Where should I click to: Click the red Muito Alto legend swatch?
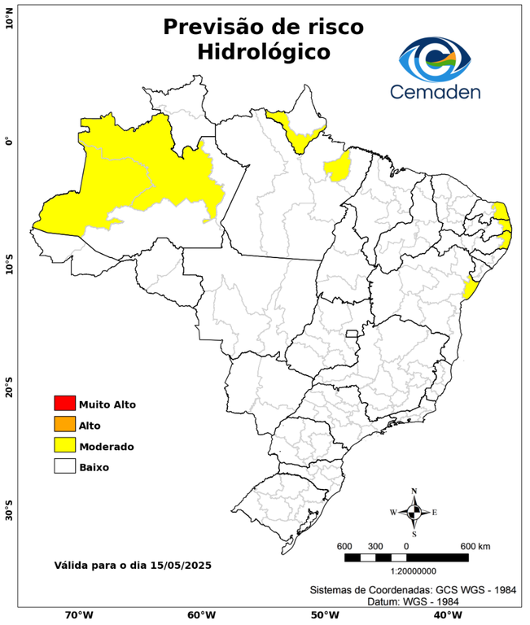(64, 403)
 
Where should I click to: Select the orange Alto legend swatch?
(64, 424)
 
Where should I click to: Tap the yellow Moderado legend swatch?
(64, 445)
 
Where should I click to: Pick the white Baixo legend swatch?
(64, 466)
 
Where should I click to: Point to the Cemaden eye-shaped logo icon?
(435, 57)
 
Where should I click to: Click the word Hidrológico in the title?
(264, 52)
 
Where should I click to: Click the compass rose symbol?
(414, 512)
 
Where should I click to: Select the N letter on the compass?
(414, 491)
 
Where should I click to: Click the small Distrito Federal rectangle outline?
(353, 333)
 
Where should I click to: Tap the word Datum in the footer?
(383, 601)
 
